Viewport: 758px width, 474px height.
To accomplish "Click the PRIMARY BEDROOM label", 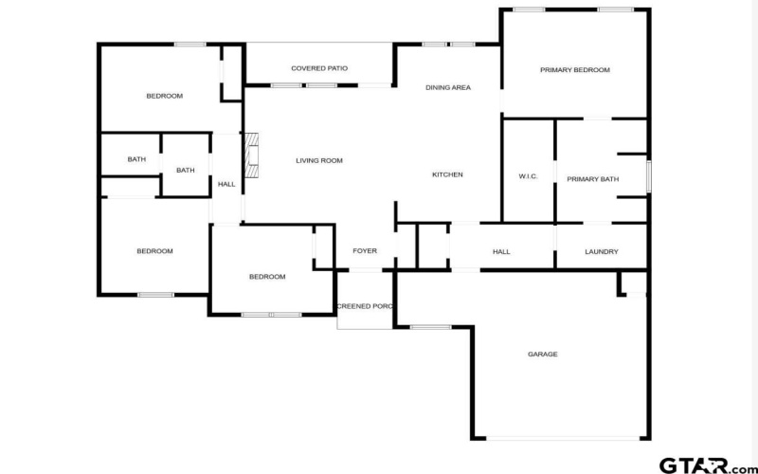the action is click(x=575, y=70).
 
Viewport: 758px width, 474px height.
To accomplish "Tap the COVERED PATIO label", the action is click(x=319, y=68).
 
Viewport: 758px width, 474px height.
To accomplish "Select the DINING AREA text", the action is click(x=448, y=87).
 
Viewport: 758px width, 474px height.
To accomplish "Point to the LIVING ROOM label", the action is click(x=319, y=160).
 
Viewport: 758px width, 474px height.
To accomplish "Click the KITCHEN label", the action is click(x=447, y=174).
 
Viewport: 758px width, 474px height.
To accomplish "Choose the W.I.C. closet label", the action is click(x=528, y=176).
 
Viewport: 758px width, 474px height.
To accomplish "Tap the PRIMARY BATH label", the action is click(x=593, y=179).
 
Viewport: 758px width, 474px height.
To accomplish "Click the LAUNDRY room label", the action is click(x=602, y=252).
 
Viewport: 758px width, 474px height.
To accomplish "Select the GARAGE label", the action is click(x=542, y=355).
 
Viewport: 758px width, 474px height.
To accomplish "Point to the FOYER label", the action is click(x=365, y=251).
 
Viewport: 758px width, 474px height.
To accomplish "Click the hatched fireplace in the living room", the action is click(x=251, y=155).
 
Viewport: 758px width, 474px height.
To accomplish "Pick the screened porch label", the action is click(x=365, y=306).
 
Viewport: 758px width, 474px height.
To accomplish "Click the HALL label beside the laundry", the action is click(x=501, y=252).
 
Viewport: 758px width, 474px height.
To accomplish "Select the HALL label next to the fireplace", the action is click(x=226, y=184).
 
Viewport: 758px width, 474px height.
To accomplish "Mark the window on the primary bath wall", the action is click(x=649, y=176).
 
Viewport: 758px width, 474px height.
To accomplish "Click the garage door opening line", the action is click(x=563, y=438).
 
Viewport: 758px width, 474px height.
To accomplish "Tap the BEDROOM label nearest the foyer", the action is click(x=267, y=277).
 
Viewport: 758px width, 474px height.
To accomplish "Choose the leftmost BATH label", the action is click(x=136, y=159).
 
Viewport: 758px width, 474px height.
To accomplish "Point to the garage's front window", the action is click(x=431, y=327).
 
